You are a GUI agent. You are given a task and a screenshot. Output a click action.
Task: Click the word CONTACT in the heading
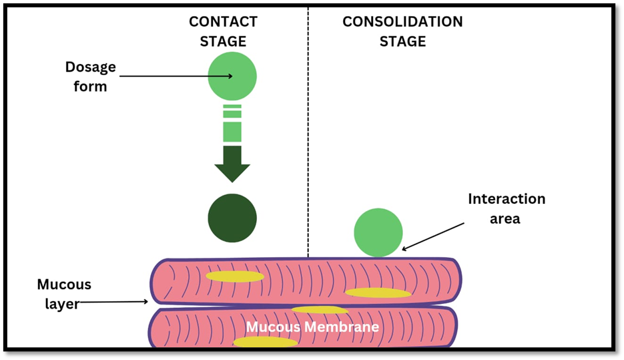click(223, 21)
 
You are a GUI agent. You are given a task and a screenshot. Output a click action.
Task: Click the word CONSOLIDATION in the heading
click(402, 21)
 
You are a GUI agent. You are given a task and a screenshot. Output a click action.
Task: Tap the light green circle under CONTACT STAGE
click(232, 76)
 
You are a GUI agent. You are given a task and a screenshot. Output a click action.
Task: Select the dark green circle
click(232, 218)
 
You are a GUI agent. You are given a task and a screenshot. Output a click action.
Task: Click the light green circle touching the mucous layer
click(378, 232)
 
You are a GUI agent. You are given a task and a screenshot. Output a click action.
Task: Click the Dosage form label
click(90, 76)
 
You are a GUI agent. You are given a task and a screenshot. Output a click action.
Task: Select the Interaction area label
click(507, 208)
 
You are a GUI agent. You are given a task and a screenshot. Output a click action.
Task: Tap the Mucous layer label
click(63, 294)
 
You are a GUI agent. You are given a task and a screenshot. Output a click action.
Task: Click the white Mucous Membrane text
click(312, 327)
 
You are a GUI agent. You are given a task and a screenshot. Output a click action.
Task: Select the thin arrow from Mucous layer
click(113, 302)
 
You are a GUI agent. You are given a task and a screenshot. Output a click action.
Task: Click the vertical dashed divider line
click(308, 134)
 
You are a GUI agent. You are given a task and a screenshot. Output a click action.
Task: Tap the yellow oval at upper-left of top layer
click(235, 276)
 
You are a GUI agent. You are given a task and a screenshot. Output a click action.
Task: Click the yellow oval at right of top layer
click(378, 293)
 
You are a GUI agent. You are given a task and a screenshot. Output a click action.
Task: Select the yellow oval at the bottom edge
click(265, 342)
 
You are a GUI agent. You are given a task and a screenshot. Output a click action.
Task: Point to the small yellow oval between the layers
click(320, 309)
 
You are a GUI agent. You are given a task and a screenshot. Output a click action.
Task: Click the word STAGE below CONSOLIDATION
click(402, 41)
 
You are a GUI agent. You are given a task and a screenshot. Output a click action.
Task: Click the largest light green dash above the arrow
click(232, 132)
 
